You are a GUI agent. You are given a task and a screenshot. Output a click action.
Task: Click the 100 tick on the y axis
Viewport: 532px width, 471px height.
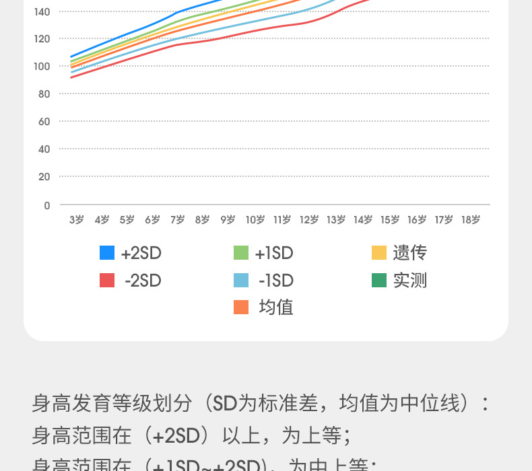point(44,66)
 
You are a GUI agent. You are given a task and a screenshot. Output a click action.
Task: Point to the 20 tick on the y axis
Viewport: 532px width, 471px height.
point(44,177)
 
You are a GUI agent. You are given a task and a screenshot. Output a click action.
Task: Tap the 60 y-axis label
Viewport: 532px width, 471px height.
point(44,122)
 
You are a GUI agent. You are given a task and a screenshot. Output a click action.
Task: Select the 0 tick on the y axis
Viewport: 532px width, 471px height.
point(47,205)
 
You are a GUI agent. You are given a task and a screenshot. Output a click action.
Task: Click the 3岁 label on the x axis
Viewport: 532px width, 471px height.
point(76,219)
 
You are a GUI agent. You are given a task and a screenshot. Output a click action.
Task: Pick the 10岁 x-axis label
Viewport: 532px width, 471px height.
point(255,219)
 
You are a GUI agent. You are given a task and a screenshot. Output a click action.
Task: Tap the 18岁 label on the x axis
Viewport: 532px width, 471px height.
point(471,219)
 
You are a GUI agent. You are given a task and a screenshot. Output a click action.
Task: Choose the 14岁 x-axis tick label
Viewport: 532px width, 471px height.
point(363,219)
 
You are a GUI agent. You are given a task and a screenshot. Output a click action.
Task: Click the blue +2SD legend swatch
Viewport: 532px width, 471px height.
point(107,253)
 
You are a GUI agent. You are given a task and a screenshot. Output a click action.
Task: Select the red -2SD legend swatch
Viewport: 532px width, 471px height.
point(107,280)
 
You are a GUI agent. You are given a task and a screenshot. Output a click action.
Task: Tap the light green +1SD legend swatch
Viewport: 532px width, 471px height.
point(241,253)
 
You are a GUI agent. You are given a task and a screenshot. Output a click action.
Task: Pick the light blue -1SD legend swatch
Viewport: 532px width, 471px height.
point(241,280)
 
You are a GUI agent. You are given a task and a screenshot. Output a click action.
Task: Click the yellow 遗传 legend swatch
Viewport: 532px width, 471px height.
point(379,253)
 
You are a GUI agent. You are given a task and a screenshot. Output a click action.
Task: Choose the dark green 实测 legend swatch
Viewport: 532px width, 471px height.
point(379,280)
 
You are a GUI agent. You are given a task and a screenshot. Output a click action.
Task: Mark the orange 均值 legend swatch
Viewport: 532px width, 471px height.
point(241,307)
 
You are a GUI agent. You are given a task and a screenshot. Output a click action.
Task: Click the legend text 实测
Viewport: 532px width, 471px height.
point(410,280)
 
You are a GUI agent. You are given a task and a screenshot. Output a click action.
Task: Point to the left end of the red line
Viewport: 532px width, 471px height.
point(71,77)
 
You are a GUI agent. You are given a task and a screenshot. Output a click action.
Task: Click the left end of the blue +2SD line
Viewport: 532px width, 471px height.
point(71,57)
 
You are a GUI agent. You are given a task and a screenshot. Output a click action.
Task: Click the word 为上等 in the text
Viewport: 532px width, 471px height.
point(312,436)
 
